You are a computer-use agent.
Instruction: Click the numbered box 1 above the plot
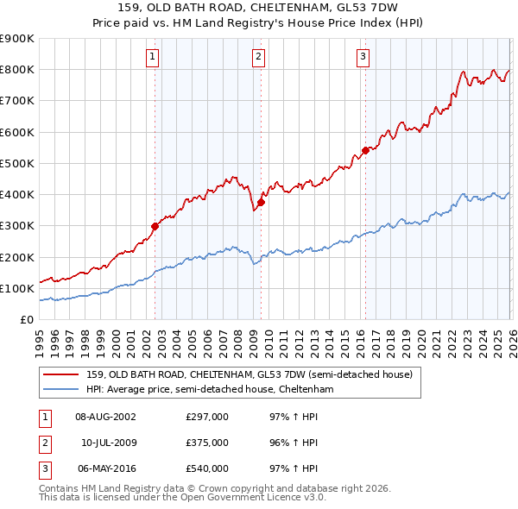click(152, 57)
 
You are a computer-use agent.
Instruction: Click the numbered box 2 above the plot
click(258, 57)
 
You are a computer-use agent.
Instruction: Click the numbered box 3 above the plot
click(363, 57)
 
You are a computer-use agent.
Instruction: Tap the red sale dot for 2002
click(155, 226)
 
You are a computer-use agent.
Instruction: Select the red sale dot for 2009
click(261, 202)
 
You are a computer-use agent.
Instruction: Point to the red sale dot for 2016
click(365, 150)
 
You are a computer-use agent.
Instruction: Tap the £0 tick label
click(26, 319)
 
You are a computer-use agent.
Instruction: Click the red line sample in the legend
click(62, 374)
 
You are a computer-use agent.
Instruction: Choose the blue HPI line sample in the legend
click(62, 390)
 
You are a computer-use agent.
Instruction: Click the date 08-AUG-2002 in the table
click(105, 418)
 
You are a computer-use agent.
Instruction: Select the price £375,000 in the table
click(207, 443)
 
